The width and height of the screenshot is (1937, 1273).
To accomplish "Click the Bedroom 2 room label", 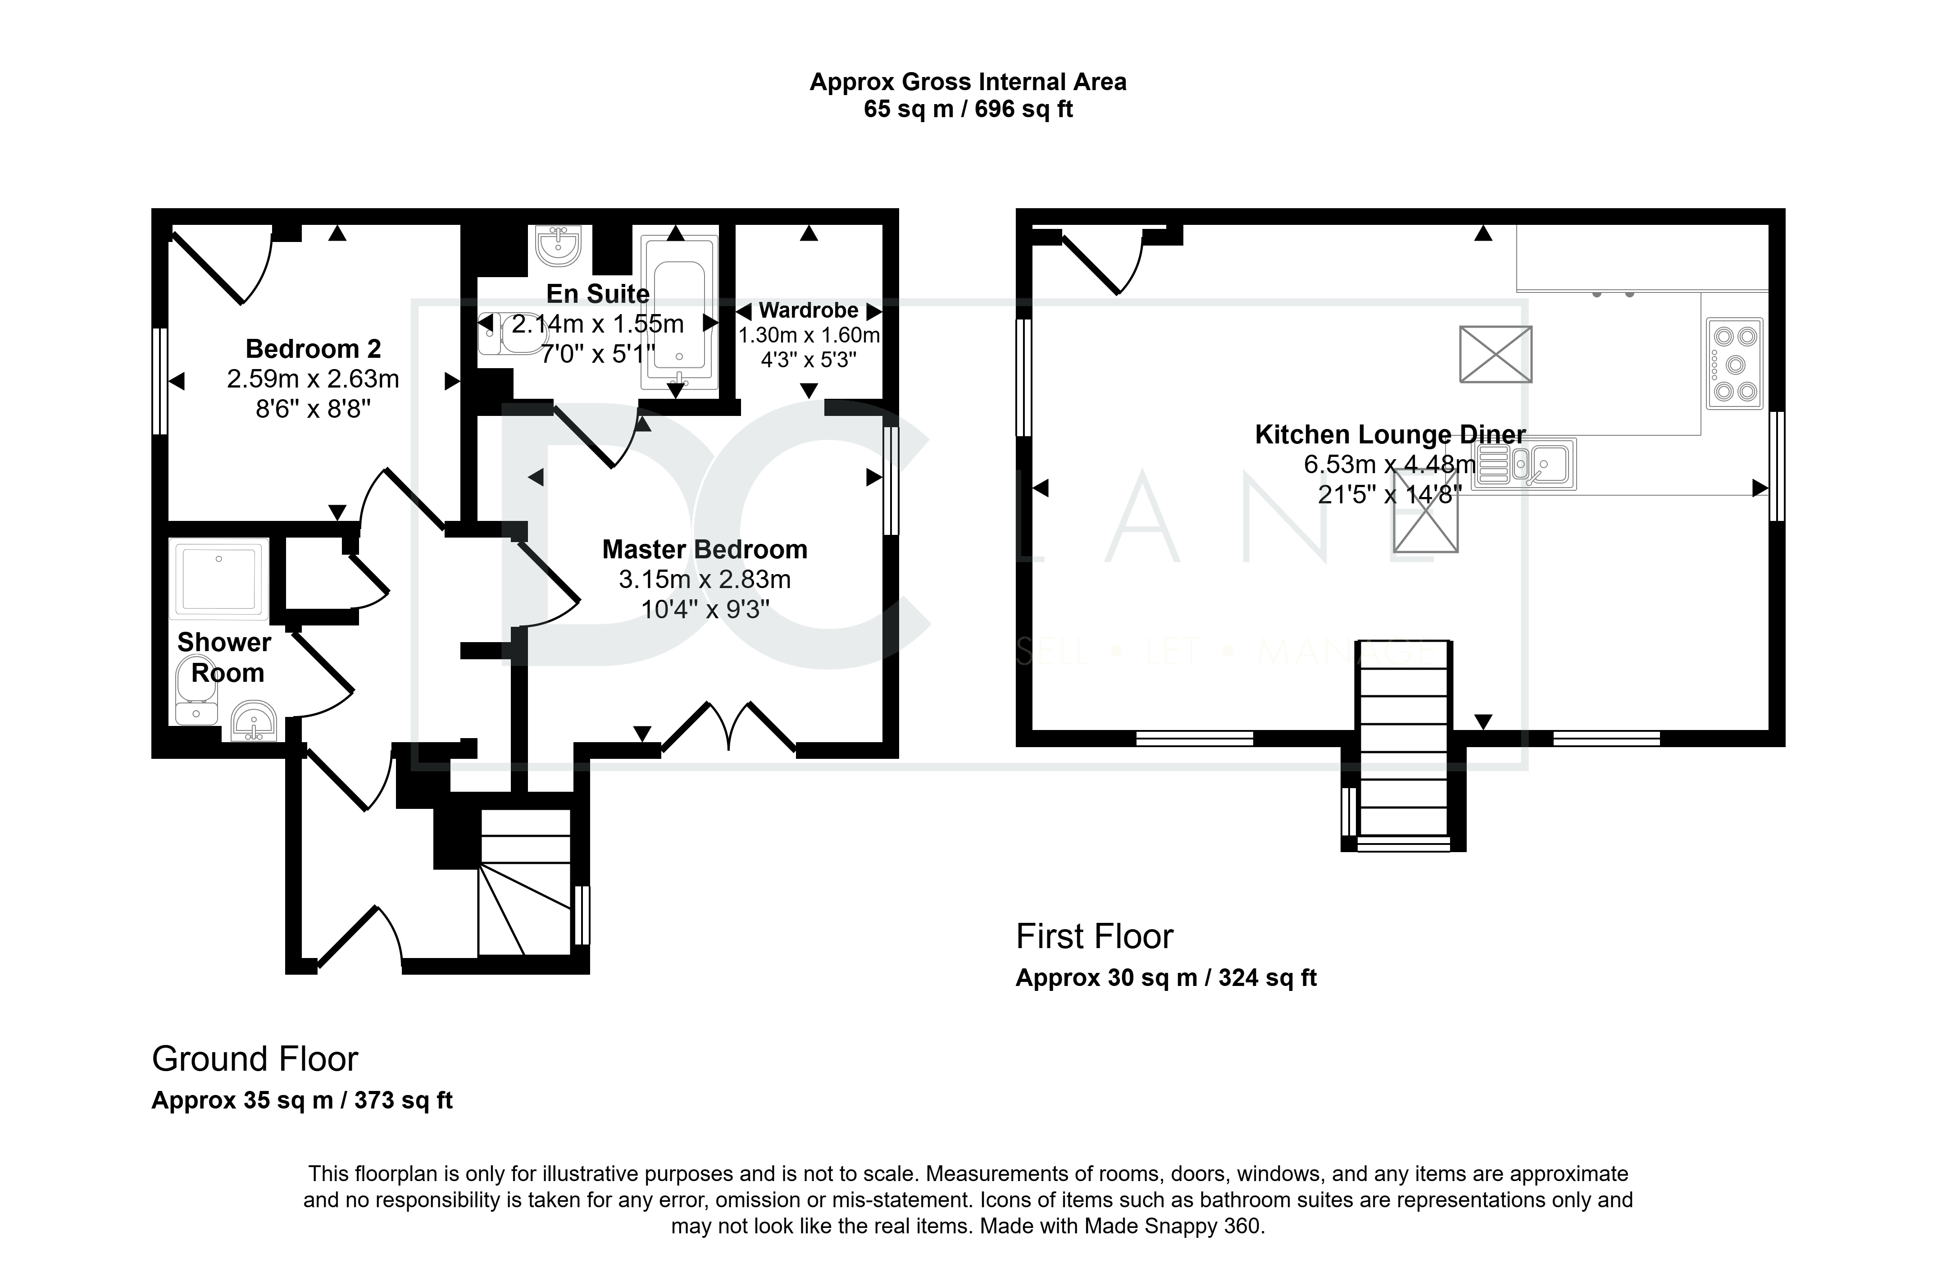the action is (314, 349).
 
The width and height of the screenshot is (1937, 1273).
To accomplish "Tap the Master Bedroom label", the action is (705, 549).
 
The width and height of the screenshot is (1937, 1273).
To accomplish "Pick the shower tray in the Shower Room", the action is (219, 579).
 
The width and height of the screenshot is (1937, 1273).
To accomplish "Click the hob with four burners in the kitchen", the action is (1734, 363).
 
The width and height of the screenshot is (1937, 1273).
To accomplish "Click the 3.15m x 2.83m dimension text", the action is (705, 579).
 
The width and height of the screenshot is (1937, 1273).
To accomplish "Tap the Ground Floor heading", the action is (255, 1059).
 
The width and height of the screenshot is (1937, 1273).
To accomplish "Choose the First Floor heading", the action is (1095, 937).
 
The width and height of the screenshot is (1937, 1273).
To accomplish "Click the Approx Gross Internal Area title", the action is (968, 82).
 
